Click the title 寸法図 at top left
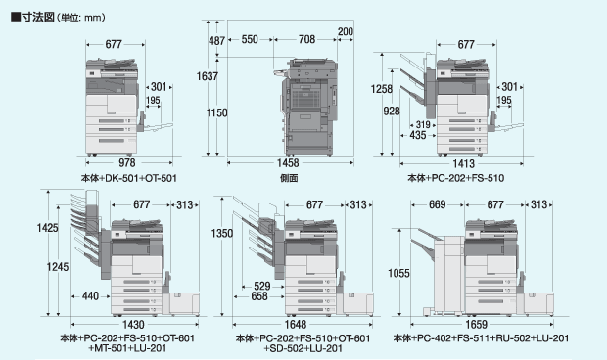[38, 17]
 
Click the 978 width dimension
[127, 162]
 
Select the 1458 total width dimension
[288, 162]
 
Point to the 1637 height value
[208, 76]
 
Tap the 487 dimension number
[216, 40]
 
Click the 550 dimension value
[250, 39]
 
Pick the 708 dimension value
[306, 39]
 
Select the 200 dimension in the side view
[346, 31]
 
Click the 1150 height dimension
[216, 112]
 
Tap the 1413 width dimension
[463, 163]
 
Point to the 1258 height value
[382, 89]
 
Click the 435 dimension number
[418, 135]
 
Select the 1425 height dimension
[48, 228]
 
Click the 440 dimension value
[90, 296]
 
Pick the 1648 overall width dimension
[296, 324]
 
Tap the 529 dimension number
[262, 287]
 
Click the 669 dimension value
[437, 204]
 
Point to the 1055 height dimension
[398, 273]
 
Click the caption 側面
[289, 178]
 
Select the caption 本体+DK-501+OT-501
[129, 178]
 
